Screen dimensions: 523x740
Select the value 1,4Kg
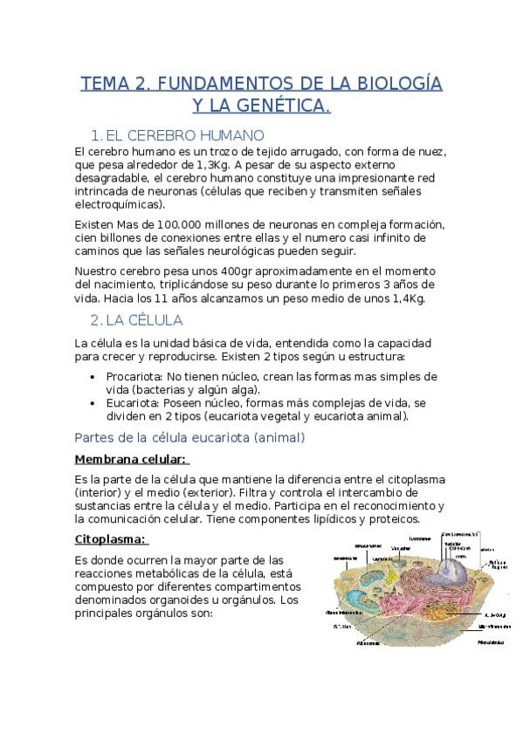(x=406, y=298)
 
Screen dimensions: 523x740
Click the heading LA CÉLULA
(x=142, y=320)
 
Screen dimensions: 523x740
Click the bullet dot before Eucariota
(x=93, y=404)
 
